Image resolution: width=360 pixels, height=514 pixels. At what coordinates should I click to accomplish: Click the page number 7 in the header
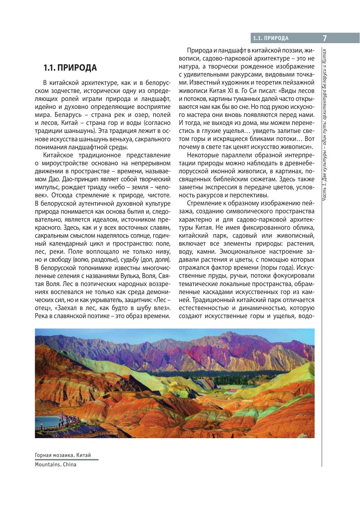324,38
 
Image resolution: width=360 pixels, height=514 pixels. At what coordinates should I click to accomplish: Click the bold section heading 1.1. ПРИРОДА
70,68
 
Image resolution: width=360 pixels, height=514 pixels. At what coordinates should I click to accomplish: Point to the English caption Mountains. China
55,464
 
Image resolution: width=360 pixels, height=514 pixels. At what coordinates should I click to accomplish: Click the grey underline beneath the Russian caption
66,460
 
